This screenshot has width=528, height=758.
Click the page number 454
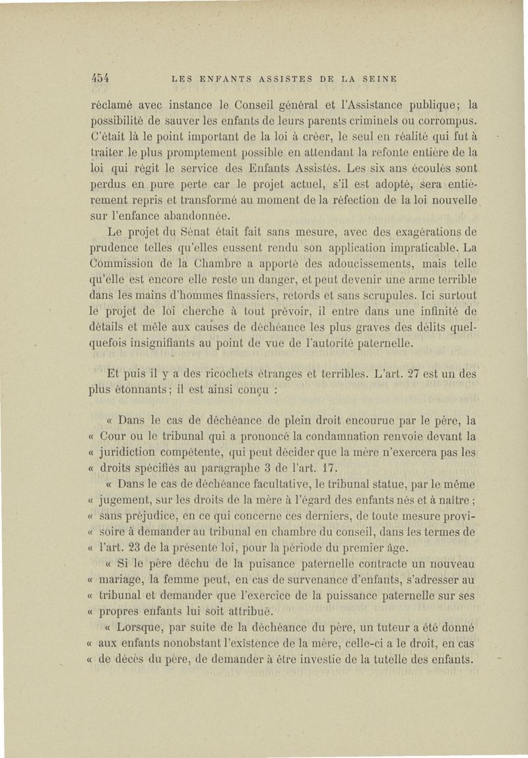pyautogui.click(x=99, y=79)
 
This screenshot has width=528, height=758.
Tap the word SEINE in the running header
pyautogui.click(x=378, y=79)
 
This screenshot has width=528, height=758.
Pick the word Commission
pyautogui.click(x=122, y=263)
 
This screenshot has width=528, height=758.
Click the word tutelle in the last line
pyautogui.click(x=388, y=659)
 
